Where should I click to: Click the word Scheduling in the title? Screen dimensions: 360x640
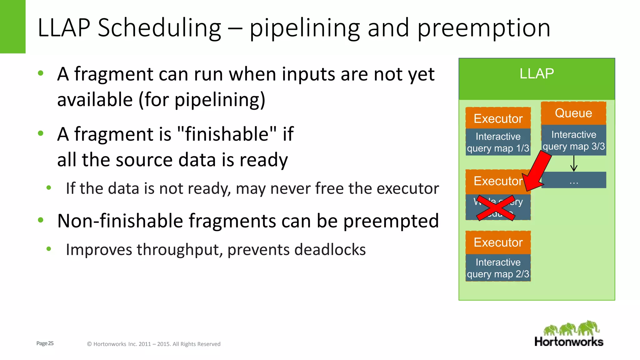pos(159,28)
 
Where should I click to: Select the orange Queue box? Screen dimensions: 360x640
pos(573,113)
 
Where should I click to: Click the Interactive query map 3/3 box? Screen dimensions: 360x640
pos(573,140)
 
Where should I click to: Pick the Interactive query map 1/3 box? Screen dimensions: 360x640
pos(498,142)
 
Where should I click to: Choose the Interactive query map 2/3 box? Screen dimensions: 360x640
pos(498,268)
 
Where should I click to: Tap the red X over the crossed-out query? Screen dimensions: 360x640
pos(496,208)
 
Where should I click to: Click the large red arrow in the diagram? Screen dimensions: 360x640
pos(538,172)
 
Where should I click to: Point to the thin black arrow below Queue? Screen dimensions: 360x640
pos(574,163)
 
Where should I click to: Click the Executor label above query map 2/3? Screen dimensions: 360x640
pos(498,242)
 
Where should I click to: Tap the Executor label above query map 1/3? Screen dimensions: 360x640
pos(498,119)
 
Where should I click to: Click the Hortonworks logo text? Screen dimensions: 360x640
pos(568,342)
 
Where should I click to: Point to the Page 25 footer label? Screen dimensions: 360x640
pos(45,343)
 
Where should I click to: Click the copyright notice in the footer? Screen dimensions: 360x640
pos(153,344)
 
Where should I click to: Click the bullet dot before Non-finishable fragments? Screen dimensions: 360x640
pos(41,220)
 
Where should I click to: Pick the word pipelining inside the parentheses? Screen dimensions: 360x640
pos(217,100)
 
